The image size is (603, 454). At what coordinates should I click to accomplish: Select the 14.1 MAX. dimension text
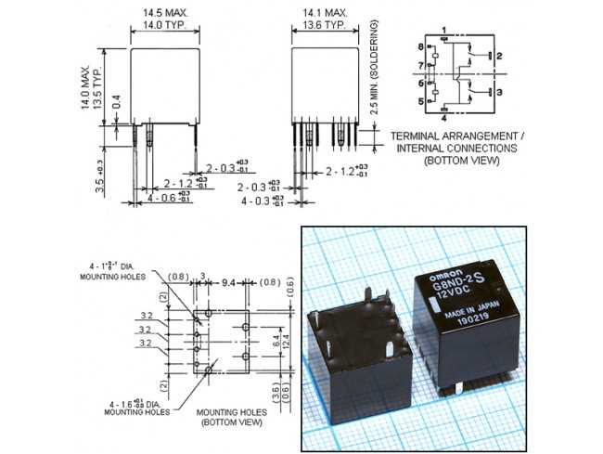tap(324, 13)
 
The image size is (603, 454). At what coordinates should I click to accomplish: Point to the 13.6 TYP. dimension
tap(324, 26)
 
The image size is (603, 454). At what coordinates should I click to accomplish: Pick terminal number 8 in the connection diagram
tap(421, 47)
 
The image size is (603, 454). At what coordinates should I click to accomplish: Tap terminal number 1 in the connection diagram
tap(444, 31)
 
